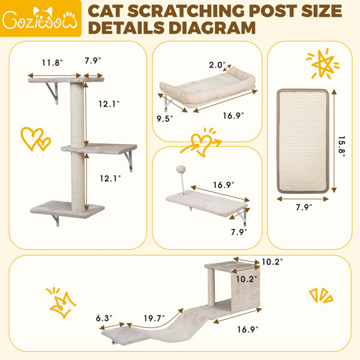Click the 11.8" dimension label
click(x=52, y=62)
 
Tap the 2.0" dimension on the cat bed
click(x=217, y=65)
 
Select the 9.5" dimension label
click(x=164, y=119)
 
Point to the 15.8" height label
click(x=341, y=147)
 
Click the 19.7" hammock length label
click(x=154, y=318)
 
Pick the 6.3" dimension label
click(x=104, y=318)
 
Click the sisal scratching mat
click(x=303, y=141)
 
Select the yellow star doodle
click(x=323, y=64)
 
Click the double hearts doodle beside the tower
click(x=35, y=139)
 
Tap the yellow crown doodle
click(x=61, y=302)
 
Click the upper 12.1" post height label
click(x=109, y=104)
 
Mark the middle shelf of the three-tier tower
click(x=99, y=149)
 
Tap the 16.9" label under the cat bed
click(x=233, y=115)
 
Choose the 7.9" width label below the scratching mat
click(x=304, y=207)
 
